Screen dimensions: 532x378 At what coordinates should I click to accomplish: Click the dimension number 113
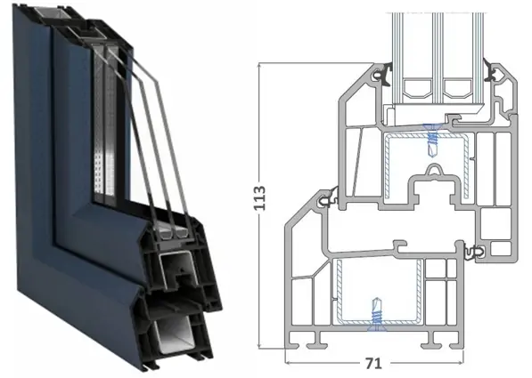point(260,197)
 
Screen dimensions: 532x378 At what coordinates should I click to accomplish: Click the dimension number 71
point(373,364)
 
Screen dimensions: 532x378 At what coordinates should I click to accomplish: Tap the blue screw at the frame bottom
point(377,314)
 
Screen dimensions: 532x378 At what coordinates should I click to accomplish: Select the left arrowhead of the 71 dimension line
point(288,363)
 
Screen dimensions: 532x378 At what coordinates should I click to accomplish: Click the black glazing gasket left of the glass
point(384,76)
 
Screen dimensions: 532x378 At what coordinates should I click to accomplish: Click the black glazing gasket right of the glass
point(492,72)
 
